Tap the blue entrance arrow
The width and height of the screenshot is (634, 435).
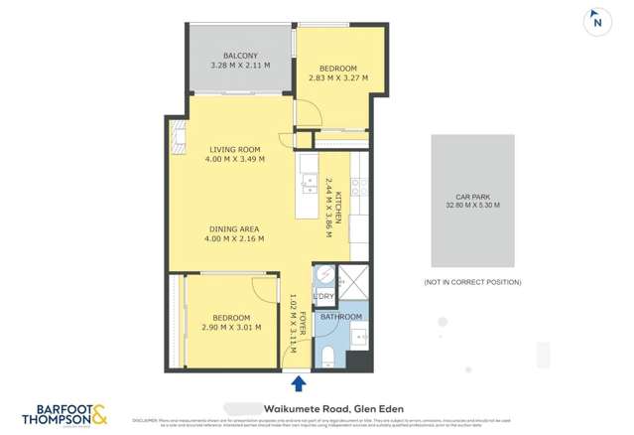point(298,383)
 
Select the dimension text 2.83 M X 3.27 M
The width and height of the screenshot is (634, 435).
point(337,77)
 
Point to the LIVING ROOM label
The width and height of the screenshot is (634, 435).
point(234,150)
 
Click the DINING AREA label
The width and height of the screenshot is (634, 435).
point(234,229)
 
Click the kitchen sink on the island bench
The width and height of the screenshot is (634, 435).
point(310,181)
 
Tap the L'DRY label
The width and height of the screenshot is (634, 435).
point(323,296)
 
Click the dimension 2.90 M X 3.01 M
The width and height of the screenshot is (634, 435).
point(229,327)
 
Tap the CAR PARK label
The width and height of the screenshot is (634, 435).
point(471,197)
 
